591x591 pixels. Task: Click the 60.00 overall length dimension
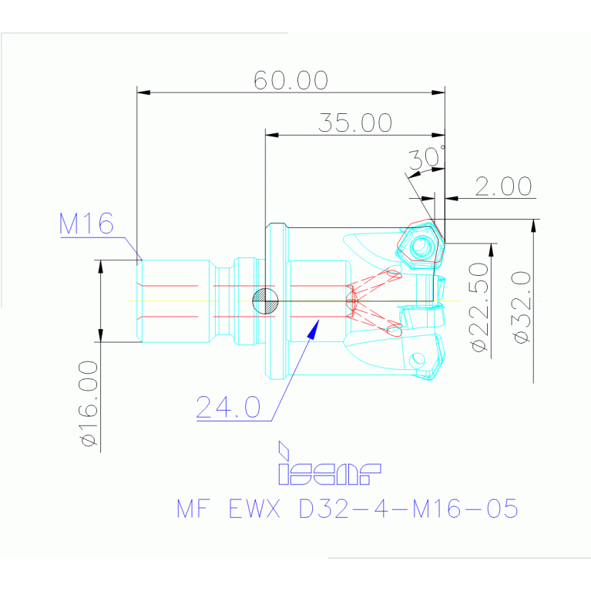click(290, 80)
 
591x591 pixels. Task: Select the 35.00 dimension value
click(355, 123)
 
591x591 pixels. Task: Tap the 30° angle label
click(427, 157)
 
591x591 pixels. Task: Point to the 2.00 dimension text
click(503, 186)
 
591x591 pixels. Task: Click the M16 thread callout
click(86, 223)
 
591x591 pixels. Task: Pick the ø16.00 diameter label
click(89, 403)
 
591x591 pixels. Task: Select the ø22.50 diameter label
click(479, 307)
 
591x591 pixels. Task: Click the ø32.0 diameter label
click(522, 307)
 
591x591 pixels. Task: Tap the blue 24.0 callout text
click(228, 407)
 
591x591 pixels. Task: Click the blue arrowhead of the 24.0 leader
click(313, 329)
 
